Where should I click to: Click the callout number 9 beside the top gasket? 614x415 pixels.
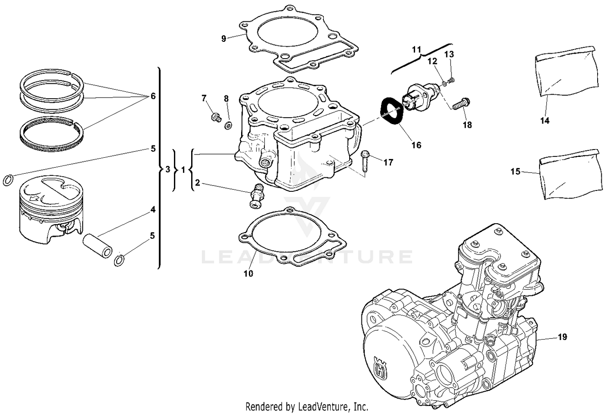(x=223, y=39)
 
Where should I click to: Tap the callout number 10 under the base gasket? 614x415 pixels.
(x=248, y=274)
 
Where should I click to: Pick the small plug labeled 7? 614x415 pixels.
(x=214, y=117)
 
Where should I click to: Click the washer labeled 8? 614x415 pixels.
(x=228, y=125)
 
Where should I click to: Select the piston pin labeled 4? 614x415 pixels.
(x=97, y=246)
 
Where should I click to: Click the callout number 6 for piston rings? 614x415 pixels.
(x=153, y=96)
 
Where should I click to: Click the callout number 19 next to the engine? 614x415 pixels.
(x=562, y=337)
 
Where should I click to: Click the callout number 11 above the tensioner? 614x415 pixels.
(x=416, y=50)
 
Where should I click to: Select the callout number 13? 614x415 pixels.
(x=449, y=54)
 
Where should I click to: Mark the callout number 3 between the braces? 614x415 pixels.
(x=167, y=169)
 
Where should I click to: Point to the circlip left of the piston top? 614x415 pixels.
(x=8, y=180)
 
